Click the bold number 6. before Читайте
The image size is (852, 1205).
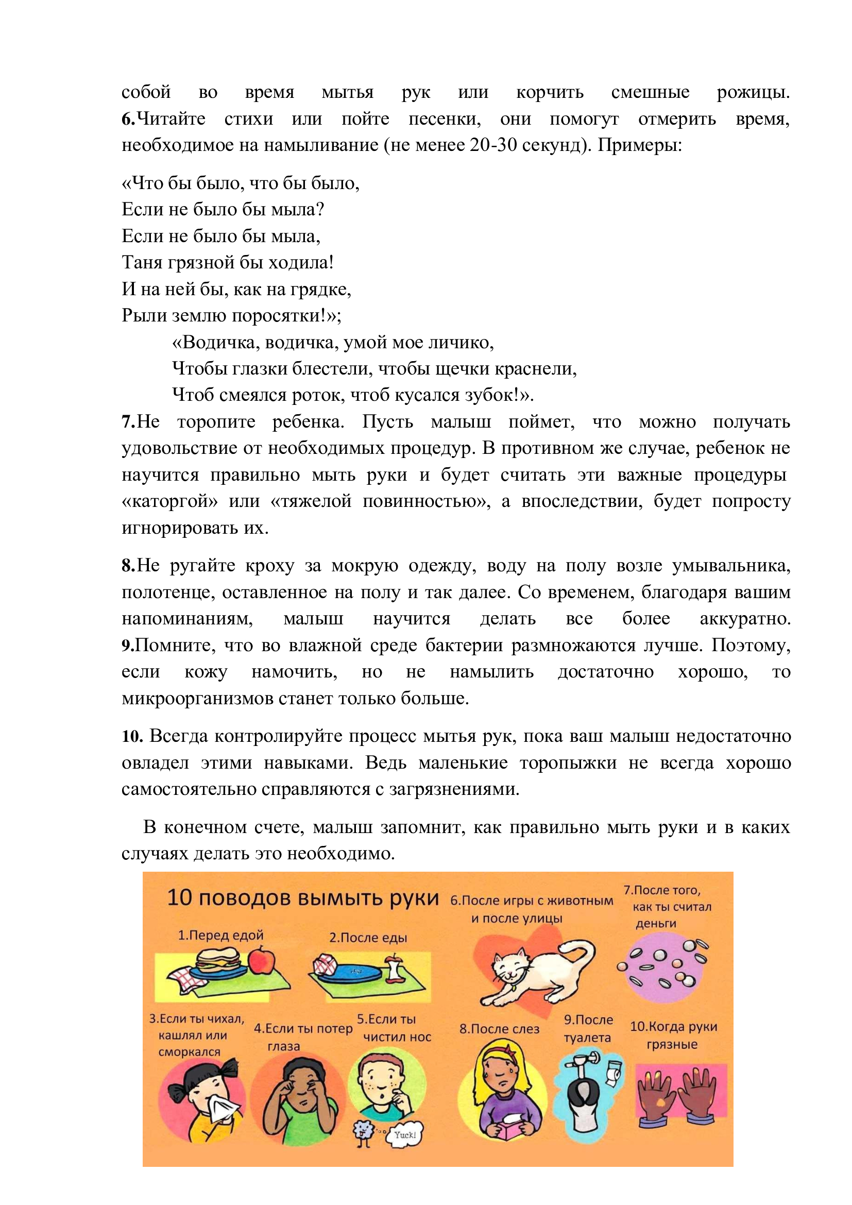coord(128,119)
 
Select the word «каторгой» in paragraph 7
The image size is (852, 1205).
coord(169,501)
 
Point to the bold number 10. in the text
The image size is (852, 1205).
coord(132,736)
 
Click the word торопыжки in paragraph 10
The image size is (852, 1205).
coord(568,762)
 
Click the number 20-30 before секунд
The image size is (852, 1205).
coord(491,145)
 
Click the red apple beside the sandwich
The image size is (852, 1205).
coord(261,960)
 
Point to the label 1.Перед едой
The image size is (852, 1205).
coord(220,935)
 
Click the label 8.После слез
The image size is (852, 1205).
coord(499,1029)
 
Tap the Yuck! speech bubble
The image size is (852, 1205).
coord(404,1134)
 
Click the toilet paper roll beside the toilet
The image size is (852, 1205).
coord(615,1073)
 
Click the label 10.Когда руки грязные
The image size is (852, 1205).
coord(673,1035)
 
